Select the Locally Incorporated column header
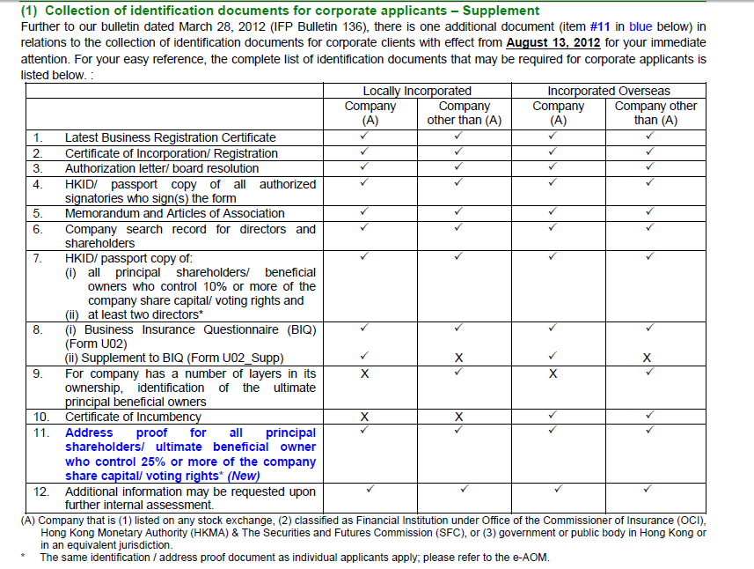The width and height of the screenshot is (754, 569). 416,91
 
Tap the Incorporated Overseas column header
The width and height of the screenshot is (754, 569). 608,91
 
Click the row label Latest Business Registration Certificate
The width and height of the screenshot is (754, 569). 170,137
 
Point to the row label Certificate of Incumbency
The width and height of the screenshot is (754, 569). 133,417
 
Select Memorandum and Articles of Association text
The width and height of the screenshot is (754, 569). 174,213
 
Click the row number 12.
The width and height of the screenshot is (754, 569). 41,491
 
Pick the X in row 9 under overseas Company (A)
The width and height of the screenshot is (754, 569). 553,373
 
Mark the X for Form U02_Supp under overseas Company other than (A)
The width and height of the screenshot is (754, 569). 647,358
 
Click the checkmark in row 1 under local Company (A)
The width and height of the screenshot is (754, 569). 364,137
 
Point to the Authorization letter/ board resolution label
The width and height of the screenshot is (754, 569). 162,168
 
